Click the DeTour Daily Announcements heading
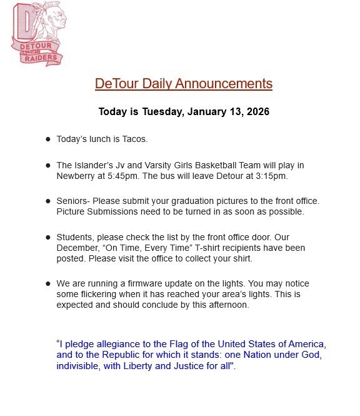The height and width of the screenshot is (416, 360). [x=183, y=83]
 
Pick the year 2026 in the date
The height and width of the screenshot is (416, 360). [x=257, y=112]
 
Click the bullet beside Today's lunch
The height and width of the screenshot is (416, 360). [x=48, y=139]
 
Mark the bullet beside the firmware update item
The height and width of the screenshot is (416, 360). [x=48, y=284]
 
